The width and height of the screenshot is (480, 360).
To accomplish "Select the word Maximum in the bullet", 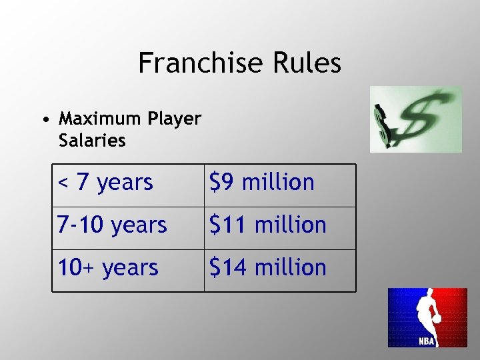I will click(99, 119).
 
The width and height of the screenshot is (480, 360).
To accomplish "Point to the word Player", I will click(174, 119).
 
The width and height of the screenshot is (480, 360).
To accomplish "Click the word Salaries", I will click(92, 141).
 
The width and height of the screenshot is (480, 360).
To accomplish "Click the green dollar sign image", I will click(416, 120).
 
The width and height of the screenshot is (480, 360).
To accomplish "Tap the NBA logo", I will click(427, 317).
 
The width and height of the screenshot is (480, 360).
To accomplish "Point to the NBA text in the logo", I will click(427, 341).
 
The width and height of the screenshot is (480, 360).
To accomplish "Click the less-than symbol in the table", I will click(63, 182).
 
